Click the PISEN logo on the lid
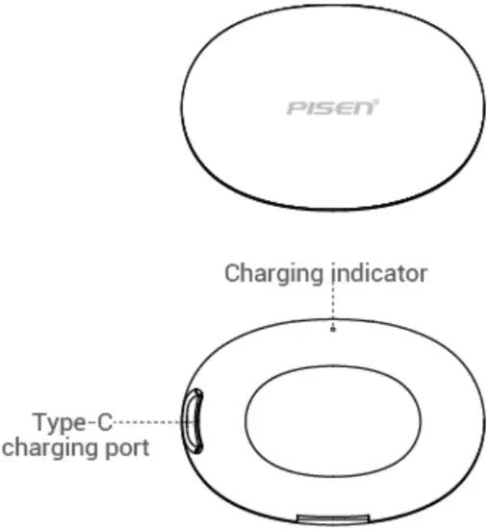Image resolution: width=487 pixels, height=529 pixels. (332, 108)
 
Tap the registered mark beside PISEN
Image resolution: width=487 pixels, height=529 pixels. (376, 101)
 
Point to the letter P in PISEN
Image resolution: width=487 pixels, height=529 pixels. (295, 109)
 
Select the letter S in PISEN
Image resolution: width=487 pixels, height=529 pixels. (323, 109)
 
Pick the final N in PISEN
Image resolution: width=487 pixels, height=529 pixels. (364, 109)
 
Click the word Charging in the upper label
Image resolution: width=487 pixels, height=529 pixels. (273, 275)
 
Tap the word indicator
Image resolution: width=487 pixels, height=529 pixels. (379, 273)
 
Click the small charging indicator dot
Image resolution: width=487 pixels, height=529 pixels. (333, 329)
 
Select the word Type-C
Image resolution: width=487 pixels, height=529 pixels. (73, 422)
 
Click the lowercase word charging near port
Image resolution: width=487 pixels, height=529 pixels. (51, 449)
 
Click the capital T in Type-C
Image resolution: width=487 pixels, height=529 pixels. (40, 422)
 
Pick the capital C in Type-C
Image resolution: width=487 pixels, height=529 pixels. (105, 422)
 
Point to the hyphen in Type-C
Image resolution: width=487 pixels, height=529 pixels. (90, 424)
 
